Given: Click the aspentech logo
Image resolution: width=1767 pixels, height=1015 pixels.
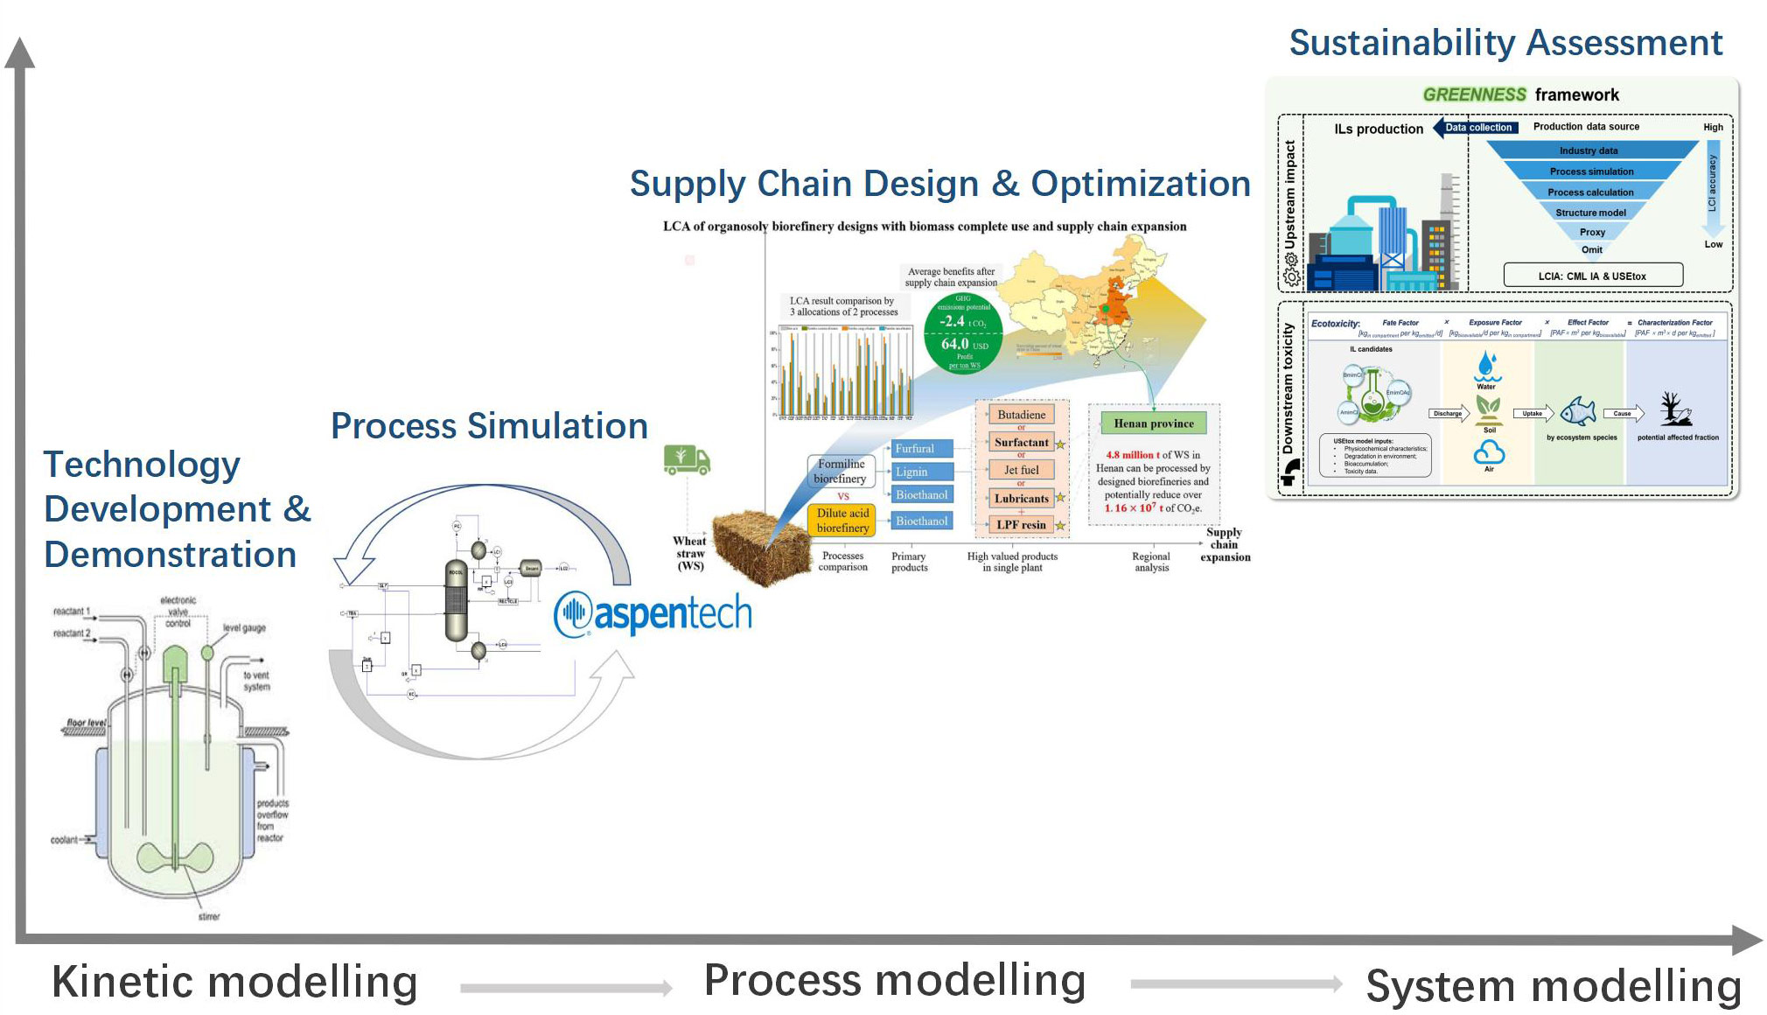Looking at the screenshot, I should pyautogui.click(x=653, y=613).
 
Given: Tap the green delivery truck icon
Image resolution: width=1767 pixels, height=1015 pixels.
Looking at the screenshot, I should pyautogui.click(x=687, y=459).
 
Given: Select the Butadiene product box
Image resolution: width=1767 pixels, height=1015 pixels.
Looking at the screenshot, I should pyautogui.click(x=1021, y=415).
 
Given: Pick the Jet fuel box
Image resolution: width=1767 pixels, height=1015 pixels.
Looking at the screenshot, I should pyautogui.click(x=1021, y=470).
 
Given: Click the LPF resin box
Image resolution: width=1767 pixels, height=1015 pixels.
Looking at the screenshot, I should pyautogui.click(x=1021, y=525).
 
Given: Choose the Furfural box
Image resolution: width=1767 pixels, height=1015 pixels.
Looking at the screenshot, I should pyautogui.click(x=918, y=449).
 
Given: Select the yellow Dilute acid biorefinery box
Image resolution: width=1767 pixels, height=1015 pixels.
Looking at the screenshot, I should pyautogui.click(x=842, y=521).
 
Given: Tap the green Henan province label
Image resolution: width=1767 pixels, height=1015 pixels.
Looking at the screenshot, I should pyautogui.click(x=1153, y=423).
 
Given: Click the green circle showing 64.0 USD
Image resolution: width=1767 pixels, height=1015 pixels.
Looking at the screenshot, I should pyautogui.click(x=963, y=333).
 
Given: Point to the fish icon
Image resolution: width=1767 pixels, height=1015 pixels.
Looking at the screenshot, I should pyautogui.click(x=1578, y=410).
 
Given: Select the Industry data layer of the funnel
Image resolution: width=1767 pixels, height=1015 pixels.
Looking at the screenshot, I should pyautogui.click(x=1589, y=150).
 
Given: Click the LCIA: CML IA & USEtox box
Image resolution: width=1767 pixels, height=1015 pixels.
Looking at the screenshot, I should pyautogui.click(x=1592, y=276).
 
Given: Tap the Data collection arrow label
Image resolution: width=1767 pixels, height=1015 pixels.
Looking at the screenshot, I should pyautogui.click(x=1477, y=128).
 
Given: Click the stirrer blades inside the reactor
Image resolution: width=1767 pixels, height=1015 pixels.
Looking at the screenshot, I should pyautogui.click(x=175, y=856).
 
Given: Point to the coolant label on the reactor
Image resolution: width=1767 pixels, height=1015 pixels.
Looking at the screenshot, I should pyautogui.click(x=64, y=840).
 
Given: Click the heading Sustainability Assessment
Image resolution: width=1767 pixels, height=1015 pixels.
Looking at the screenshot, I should pyautogui.click(x=1505, y=43).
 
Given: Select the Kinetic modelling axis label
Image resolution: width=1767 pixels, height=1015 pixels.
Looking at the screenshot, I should pyautogui.click(x=234, y=982).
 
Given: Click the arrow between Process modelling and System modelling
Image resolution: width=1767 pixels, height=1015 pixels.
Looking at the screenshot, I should pyautogui.click(x=1235, y=984).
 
